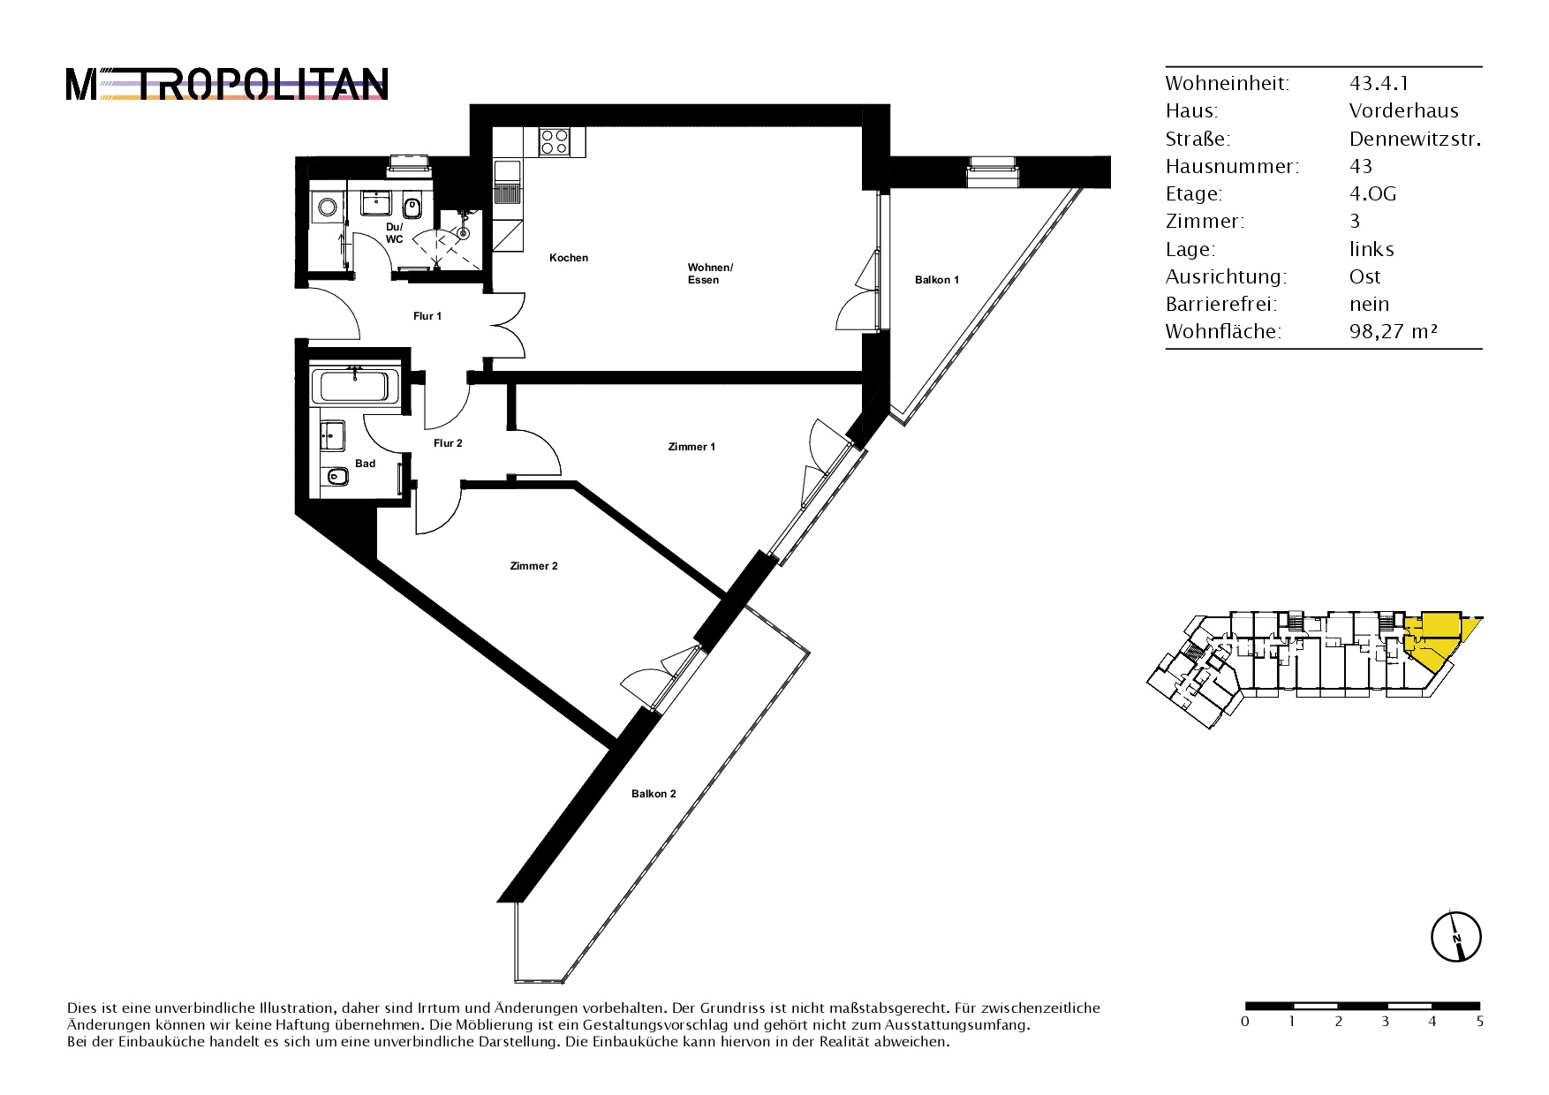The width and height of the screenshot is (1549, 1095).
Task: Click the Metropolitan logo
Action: point(227,85)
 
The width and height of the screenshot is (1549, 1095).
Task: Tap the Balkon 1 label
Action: point(936,280)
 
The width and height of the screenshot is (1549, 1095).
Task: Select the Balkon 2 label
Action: point(654,794)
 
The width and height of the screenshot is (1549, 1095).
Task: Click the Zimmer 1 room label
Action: point(691,447)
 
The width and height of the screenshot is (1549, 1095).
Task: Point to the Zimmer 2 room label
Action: point(533,566)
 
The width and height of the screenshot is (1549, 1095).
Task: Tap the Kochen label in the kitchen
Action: point(569,258)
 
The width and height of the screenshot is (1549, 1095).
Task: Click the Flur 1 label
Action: point(427,316)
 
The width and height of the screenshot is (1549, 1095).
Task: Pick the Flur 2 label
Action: point(448,443)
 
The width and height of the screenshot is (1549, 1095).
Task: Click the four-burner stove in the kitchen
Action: point(555,142)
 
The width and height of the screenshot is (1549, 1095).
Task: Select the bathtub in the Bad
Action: point(353,387)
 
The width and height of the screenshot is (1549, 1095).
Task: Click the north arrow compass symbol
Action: point(1456,936)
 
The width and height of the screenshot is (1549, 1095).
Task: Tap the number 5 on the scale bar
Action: point(1479,1022)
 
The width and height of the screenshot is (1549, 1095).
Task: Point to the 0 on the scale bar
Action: point(1245,1022)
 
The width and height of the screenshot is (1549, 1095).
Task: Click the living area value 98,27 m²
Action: point(1394,332)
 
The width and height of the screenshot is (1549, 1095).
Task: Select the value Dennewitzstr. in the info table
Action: point(1415,139)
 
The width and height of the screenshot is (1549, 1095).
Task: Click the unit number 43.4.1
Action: point(1379,83)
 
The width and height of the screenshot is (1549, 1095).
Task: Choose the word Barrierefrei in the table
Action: point(1221,305)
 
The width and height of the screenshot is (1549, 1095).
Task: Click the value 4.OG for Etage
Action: point(1372,194)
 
